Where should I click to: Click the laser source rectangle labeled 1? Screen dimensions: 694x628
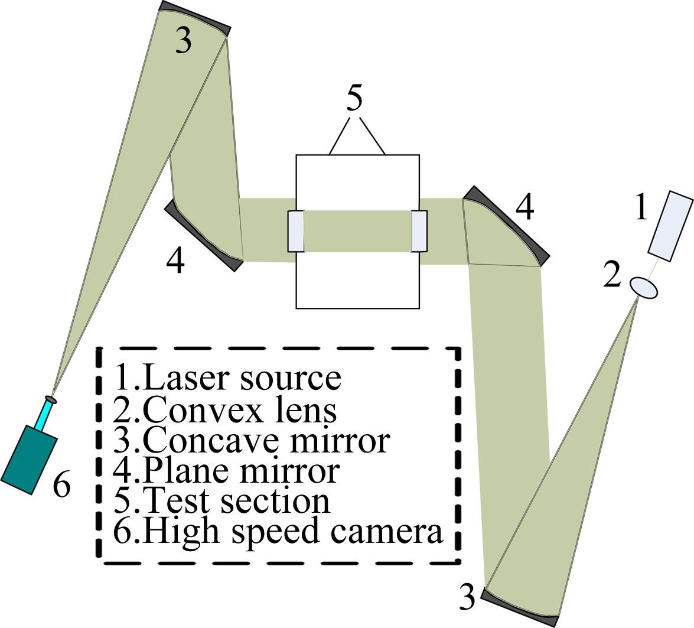(670, 226)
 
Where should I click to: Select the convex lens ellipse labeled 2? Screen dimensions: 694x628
(644, 288)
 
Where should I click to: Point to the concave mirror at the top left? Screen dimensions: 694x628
(195, 17)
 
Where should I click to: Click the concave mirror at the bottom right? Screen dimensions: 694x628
(520, 609)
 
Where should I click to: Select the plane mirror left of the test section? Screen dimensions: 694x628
(203, 236)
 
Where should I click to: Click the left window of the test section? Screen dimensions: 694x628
(295, 231)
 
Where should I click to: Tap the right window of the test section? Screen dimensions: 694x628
(419, 231)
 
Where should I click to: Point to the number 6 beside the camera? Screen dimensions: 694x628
(61, 486)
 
